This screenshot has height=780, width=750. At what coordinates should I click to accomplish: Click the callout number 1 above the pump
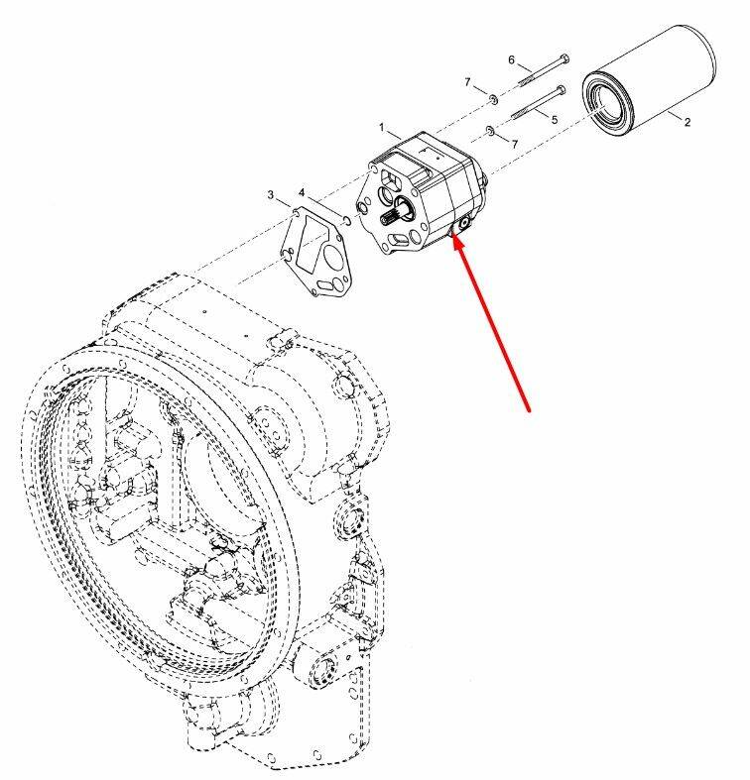382,127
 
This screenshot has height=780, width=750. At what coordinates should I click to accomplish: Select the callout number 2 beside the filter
687,122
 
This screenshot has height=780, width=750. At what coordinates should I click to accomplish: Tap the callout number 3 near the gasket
271,194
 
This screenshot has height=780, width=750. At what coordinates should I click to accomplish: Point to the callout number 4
302,192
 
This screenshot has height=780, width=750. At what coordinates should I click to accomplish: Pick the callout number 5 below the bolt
555,119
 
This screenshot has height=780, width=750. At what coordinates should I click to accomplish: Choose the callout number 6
512,59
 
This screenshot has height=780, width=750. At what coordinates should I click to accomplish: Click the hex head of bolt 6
564,57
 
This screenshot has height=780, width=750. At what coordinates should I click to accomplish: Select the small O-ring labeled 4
348,220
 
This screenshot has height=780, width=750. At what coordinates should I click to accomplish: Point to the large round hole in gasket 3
331,256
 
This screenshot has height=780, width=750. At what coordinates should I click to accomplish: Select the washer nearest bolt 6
493,99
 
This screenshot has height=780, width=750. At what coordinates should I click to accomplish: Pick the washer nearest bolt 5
489,131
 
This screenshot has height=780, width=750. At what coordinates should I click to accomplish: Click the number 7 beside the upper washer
467,82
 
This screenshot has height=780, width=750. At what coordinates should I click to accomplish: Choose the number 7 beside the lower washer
515,144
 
